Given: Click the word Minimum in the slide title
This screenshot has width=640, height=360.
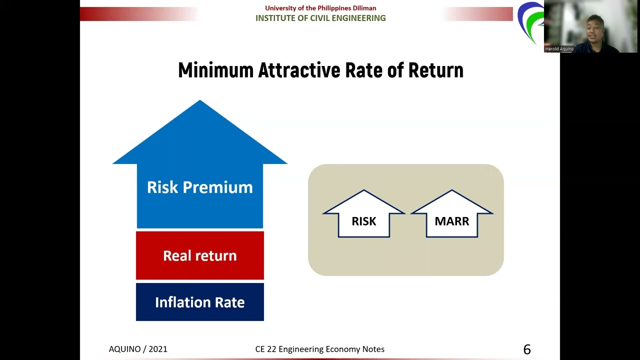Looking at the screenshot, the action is pyautogui.click(x=215, y=70).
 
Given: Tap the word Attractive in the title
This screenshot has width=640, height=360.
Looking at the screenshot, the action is pyautogui.click(x=299, y=70).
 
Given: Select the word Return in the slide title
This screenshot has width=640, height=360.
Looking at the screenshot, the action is pyautogui.click(x=436, y=70).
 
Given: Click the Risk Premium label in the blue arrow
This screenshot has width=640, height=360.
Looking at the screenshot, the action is pyautogui.click(x=200, y=187).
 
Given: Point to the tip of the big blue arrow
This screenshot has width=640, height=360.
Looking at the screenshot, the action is pyautogui.click(x=199, y=100).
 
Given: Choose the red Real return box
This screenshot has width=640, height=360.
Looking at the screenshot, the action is pyautogui.click(x=200, y=255).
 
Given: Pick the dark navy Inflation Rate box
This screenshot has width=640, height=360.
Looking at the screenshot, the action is pyautogui.click(x=200, y=302).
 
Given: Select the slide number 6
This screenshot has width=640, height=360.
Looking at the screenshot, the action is pyautogui.click(x=527, y=349).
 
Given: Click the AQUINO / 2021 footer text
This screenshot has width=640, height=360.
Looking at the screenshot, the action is pyautogui.click(x=138, y=349).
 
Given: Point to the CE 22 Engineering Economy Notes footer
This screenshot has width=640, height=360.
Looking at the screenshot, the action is pyautogui.click(x=319, y=349).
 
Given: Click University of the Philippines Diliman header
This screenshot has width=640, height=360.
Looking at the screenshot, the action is pyautogui.click(x=320, y=8).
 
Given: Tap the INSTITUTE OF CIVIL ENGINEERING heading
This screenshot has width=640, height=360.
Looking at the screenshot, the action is pyautogui.click(x=320, y=18).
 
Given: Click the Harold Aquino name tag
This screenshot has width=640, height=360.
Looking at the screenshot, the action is pyautogui.click(x=559, y=49).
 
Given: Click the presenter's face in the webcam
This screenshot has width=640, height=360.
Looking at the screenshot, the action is pyautogui.click(x=595, y=30).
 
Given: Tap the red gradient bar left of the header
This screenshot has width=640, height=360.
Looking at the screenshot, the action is pyautogui.click(x=140, y=14).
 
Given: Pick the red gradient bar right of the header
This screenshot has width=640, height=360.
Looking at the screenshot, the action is pyautogui.click(x=477, y=14).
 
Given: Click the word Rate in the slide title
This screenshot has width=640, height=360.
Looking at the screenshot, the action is pyautogui.click(x=363, y=70).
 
